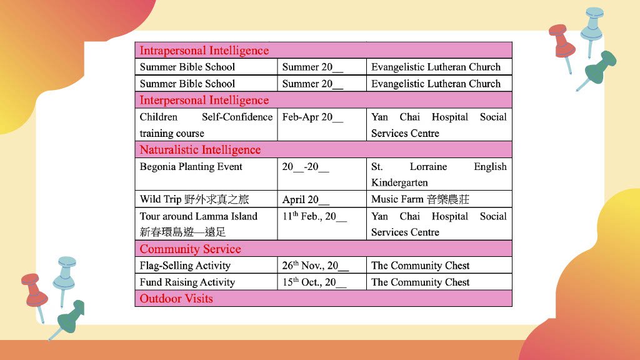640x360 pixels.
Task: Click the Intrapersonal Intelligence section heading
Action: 204,51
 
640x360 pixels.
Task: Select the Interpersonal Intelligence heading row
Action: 204,100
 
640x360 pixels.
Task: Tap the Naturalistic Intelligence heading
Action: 200,150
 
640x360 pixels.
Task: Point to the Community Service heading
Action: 190,249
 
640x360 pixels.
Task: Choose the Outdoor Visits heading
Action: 176,299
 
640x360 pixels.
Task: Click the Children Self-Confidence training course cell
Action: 206,125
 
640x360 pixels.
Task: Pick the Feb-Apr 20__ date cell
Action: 312,117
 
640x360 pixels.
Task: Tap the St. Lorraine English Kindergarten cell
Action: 439,174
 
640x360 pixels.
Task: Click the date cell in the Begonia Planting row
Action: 306,167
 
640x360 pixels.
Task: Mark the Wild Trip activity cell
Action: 194,199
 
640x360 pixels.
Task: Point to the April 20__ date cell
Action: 306,200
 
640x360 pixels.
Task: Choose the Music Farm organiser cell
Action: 420,199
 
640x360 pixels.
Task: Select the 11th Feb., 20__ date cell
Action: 314,216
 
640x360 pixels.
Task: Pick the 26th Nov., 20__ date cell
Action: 315,266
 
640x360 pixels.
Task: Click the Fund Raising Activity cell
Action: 187,282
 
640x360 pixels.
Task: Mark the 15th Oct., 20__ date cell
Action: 314,282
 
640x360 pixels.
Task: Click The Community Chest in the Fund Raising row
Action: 420,282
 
